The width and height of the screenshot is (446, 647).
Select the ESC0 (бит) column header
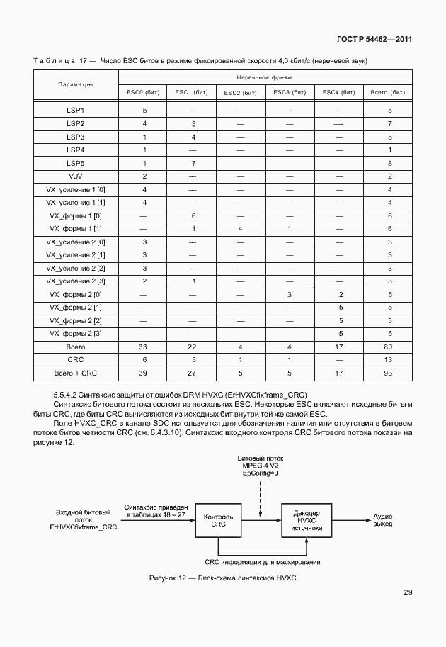[144, 92]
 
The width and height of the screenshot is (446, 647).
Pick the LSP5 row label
[75, 163]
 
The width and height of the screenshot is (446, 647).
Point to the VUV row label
[75, 176]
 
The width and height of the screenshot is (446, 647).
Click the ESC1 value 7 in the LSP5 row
[193, 163]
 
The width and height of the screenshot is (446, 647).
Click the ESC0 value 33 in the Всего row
[144, 347]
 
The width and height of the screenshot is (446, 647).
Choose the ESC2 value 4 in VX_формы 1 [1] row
[241, 228]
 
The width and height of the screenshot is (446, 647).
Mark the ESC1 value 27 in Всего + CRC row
[193, 373]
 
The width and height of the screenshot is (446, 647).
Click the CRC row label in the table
[75, 360]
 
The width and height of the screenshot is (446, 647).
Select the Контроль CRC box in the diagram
[219, 522]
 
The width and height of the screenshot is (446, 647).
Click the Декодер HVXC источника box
[306, 522]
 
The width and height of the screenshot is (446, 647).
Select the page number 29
[408, 592]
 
